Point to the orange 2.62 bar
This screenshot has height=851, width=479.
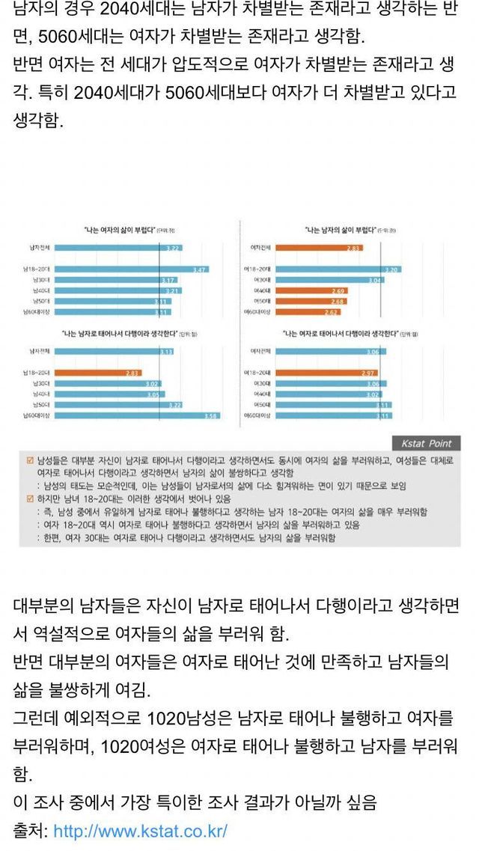[320, 311]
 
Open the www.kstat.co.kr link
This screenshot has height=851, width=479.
[140, 832]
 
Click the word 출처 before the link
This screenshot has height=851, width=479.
[28, 832]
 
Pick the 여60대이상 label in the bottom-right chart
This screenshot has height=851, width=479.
[263, 415]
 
